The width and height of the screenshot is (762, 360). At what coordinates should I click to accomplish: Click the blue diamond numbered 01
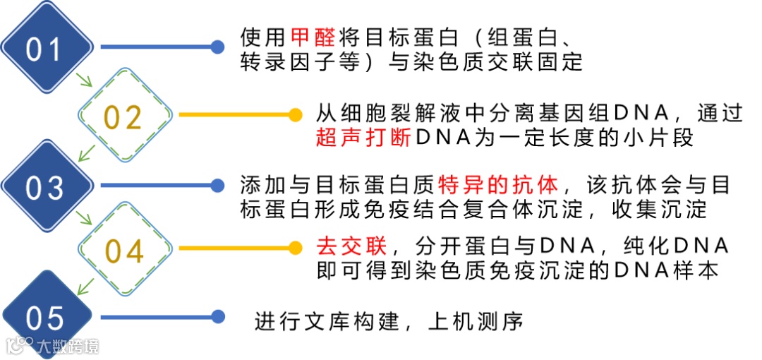[46, 48]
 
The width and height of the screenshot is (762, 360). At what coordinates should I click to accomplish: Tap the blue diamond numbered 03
[46, 187]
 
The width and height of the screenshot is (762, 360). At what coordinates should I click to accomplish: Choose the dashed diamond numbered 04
[124, 251]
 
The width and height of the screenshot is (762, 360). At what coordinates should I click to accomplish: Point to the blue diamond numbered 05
[46, 318]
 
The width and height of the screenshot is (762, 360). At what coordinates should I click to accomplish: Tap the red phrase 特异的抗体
[498, 184]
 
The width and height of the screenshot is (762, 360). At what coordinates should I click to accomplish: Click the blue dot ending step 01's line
[217, 47]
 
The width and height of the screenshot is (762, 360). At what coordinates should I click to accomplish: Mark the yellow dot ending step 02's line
[296, 114]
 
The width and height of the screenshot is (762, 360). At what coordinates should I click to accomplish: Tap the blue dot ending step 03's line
[217, 186]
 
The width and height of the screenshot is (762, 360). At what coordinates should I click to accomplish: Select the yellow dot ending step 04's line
[296, 248]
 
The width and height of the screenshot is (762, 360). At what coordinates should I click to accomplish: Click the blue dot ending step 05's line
[217, 317]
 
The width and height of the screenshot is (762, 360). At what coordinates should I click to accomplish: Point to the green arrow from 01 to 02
[85, 80]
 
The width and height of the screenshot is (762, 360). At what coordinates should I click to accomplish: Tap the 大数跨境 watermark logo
[54, 345]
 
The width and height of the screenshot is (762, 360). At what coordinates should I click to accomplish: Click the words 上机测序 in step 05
[476, 322]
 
